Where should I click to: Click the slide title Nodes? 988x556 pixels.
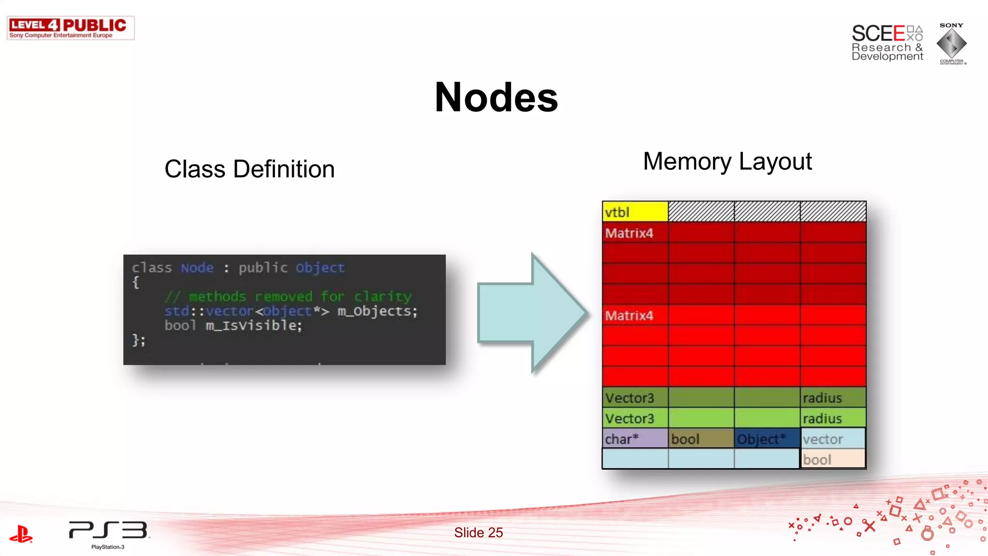pos(496,97)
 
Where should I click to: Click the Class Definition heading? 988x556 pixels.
pos(249,169)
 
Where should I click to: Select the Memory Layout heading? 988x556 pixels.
pos(727,161)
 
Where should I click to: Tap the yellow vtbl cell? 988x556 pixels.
pos(635,212)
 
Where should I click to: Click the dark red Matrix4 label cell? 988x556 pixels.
pos(635,233)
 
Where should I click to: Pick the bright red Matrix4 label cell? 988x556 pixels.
pos(635,316)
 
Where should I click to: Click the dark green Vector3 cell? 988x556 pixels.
pos(635,398)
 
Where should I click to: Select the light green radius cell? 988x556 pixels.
pos(833,418)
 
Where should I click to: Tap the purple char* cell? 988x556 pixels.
pos(635,439)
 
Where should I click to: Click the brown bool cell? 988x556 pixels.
pos(700,439)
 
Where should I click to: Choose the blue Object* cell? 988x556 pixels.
pos(767,439)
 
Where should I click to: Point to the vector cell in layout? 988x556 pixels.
pos(833,439)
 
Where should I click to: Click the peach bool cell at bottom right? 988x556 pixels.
pos(833,459)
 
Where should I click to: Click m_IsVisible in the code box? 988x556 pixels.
pos(254,325)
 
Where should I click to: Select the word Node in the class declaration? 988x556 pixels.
pos(197,268)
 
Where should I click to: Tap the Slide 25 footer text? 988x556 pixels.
pos(478,532)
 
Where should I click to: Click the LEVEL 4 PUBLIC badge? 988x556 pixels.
pos(70,28)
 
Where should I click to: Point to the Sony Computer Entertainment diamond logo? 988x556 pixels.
pos(951,43)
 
